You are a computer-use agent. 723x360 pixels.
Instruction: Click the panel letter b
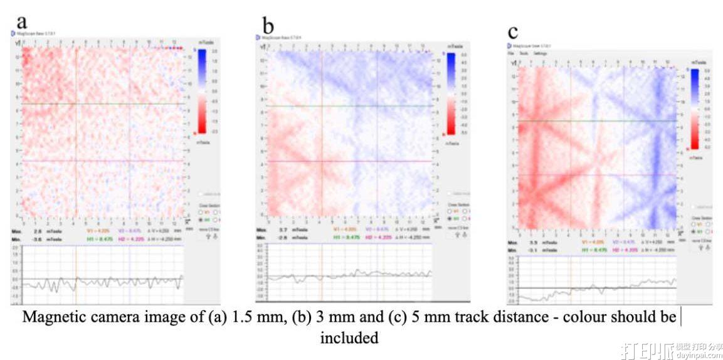click(x=268, y=26)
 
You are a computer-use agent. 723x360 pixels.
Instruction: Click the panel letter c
click(x=513, y=31)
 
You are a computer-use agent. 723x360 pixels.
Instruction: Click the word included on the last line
click(x=349, y=338)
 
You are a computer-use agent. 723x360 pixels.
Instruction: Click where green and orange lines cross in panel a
click(x=76, y=103)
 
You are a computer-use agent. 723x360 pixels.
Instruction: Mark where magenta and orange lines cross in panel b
click(x=321, y=161)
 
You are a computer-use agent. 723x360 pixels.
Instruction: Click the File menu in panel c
click(x=511, y=53)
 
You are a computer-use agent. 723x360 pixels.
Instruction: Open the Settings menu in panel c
click(x=540, y=53)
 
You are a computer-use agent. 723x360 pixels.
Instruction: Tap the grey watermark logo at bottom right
click(x=665, y=348)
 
